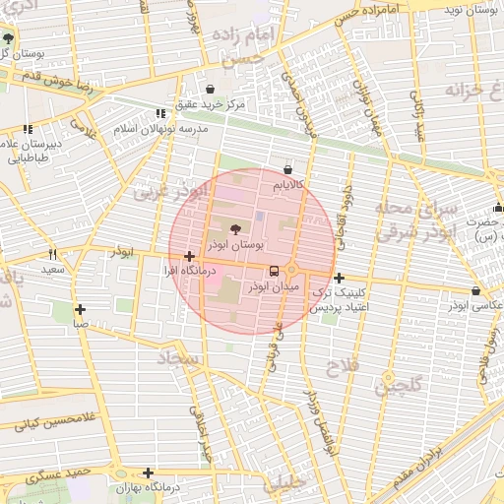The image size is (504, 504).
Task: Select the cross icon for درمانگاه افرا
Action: (x=188, y=257)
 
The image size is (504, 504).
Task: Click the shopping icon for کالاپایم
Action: (x=287, y=169)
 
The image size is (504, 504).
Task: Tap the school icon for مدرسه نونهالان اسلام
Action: (x=160, y=114)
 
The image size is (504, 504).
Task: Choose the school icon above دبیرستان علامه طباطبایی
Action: (x=27, y=129)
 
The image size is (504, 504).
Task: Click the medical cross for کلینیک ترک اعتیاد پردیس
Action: (x=340, y=279)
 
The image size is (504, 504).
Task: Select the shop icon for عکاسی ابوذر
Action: (x=476, y=291)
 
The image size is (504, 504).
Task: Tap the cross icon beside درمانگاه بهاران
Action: (x=148, y=472)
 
